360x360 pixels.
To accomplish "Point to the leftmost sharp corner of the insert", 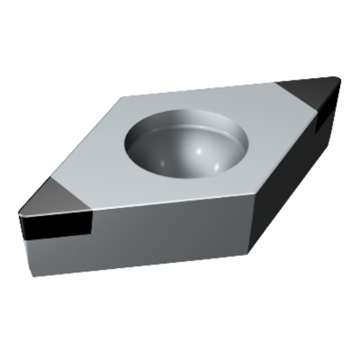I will [18, 211].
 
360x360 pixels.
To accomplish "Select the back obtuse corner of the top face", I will [127, 97].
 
